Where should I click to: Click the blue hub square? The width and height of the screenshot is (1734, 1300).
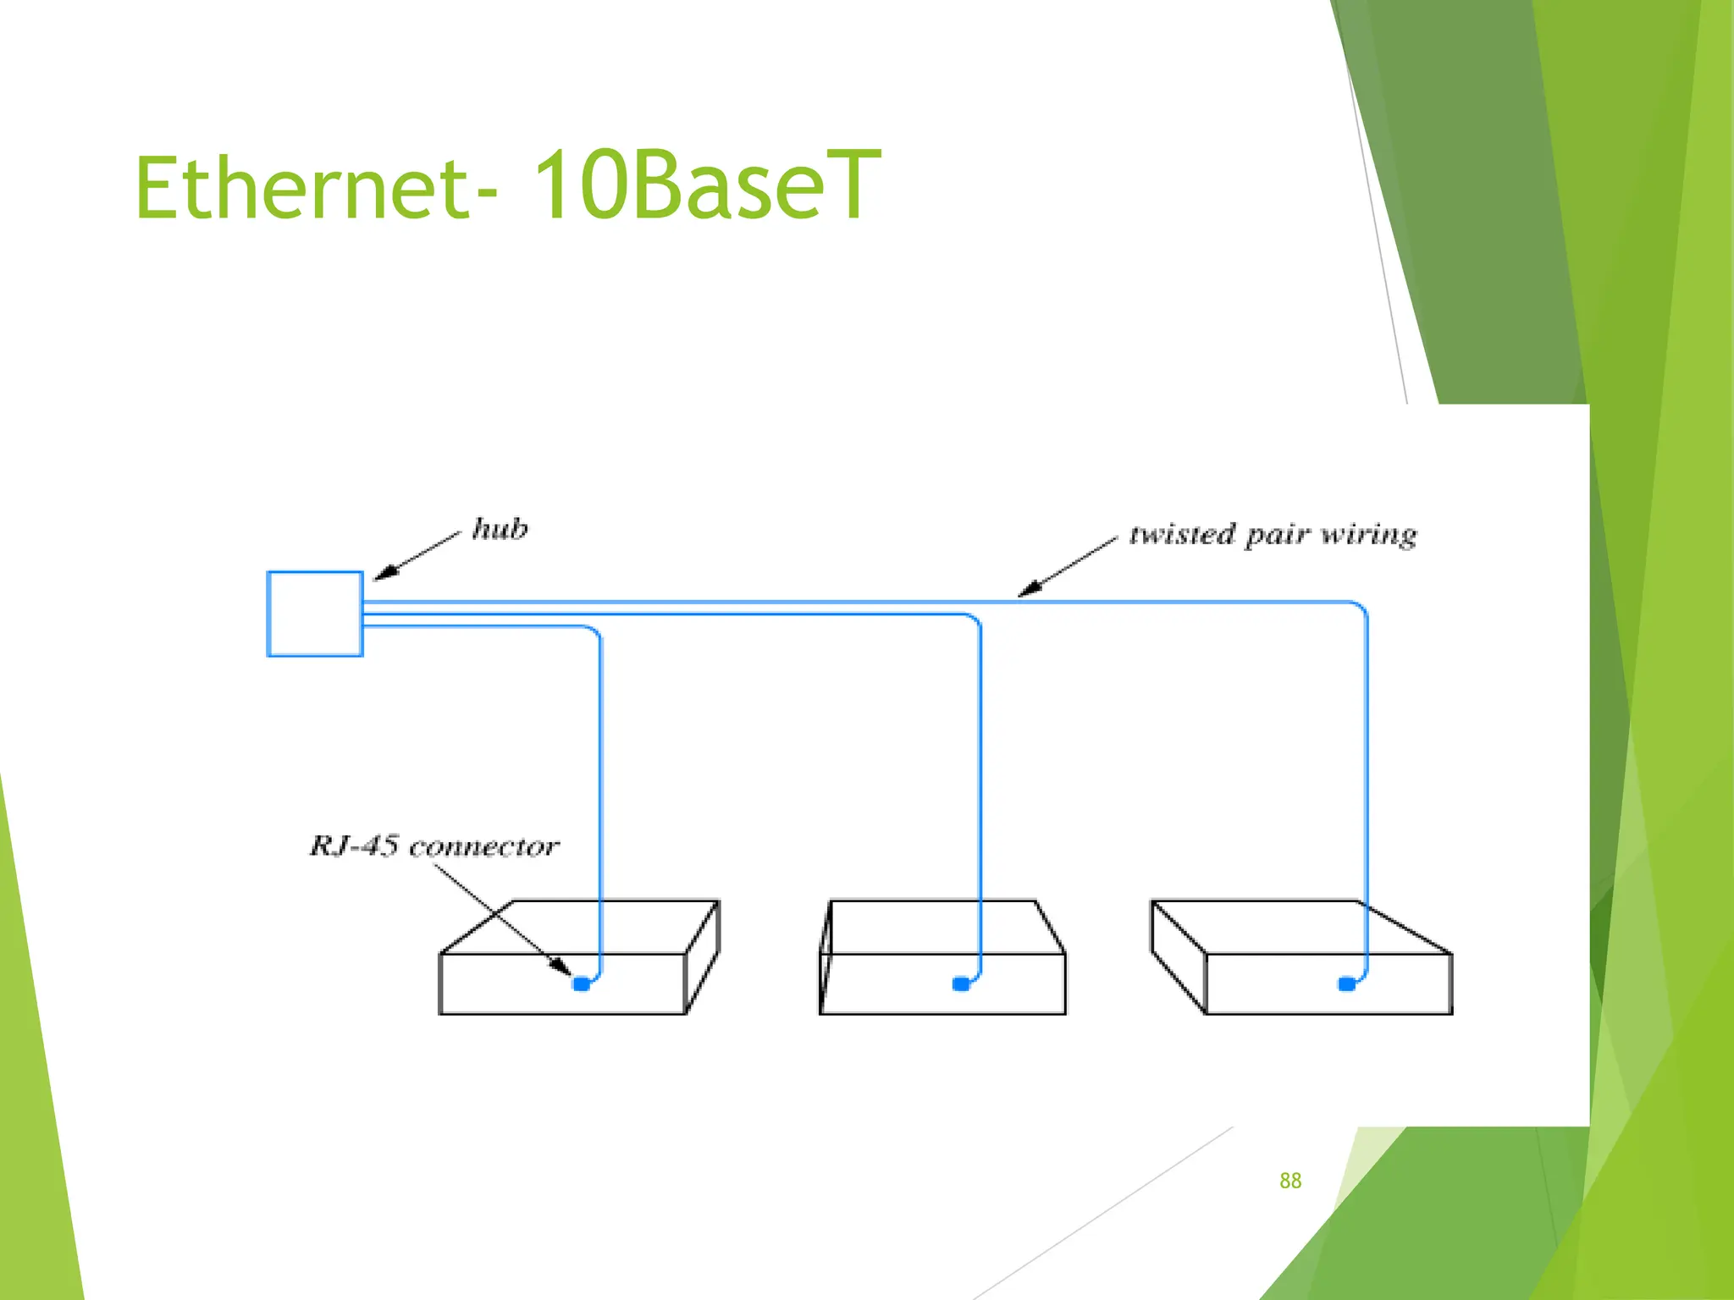click(x=315, y=614)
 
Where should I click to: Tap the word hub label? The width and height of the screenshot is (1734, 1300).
click(x=500, y=529)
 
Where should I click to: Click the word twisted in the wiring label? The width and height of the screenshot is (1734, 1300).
click(x=1182, y=535)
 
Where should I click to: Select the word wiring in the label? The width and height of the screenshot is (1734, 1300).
click(x=1369, y=535)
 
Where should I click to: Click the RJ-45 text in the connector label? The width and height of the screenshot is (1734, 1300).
click(x=353, y=846)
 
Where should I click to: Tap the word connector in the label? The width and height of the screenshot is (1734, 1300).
click(x=483, y=846)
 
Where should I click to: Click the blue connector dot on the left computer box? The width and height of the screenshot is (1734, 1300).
click(x=581, y=983)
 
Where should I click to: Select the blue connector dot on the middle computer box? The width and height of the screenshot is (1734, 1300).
click(x=961, y=983)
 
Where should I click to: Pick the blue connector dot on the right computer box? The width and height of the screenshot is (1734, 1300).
click(x=1346, y=983)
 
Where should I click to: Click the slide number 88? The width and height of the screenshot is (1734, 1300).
click(x=1290, y=1181)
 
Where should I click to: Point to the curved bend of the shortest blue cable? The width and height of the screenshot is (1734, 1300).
click(x=594, y=632)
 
